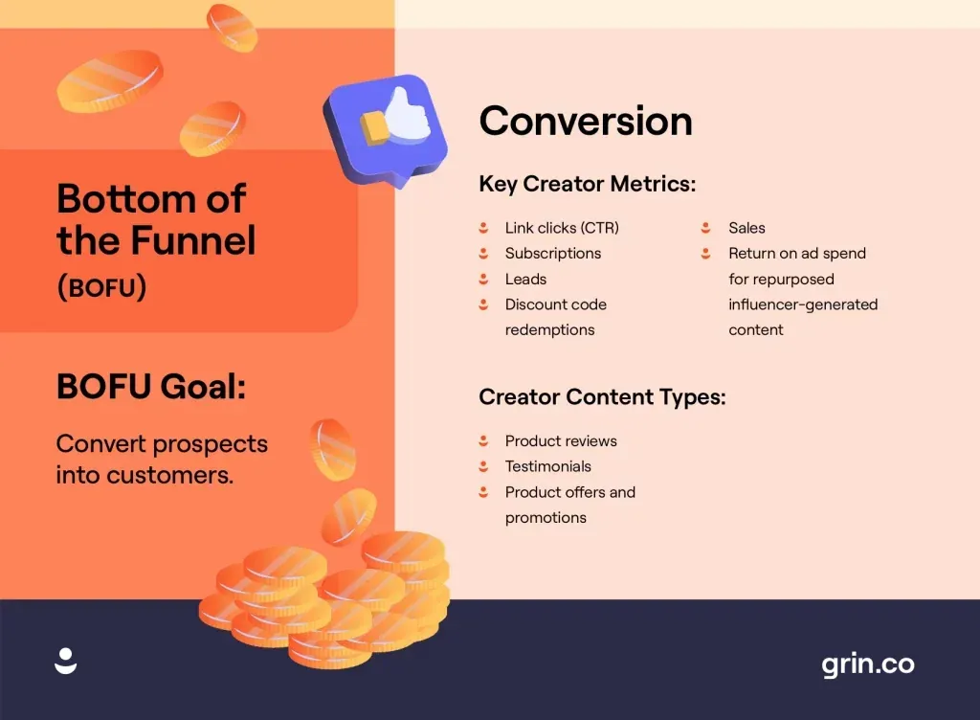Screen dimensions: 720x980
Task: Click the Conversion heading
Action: click(585, 122)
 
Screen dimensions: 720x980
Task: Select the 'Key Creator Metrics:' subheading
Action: click(587, 184)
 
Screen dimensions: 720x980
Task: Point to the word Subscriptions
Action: click(553, 254)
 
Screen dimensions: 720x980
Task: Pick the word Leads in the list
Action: click(525, 280)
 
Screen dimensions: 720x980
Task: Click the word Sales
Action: click(746, 228)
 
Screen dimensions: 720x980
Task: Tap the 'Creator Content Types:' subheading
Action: click(602, 396)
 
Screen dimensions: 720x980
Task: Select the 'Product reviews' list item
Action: click(561, 441)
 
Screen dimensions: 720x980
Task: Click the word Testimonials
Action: click(548, 467)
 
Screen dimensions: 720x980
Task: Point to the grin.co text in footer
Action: click(867, 664)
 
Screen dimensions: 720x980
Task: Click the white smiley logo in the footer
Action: click(66, 661)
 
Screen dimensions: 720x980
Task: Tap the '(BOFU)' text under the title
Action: click(101, 287)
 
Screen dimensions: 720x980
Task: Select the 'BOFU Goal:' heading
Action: click(151, 387)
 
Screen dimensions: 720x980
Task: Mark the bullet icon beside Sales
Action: click(706, 228)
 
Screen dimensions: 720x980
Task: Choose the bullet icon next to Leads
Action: click(483, 280)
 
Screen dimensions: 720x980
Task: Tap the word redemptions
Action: click(550, 330)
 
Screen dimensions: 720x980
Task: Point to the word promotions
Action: click(546, 518)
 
